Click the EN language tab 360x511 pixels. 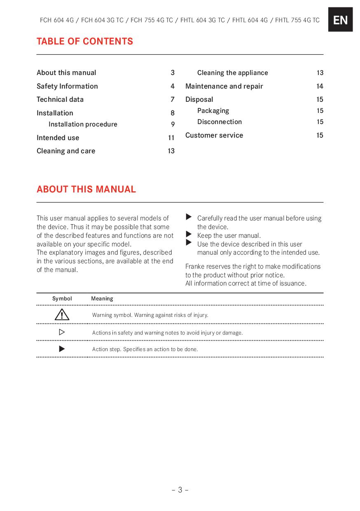point(340,19)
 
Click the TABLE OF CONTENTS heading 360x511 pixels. point(85,41)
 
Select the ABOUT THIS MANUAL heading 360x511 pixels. point(86,189)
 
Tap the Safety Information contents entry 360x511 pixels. point(67,86)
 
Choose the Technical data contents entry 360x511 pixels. point(60,99)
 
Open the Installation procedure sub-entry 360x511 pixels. point(83,124)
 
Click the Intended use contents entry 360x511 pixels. point(58,138)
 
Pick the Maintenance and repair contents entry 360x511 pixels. point(224,86)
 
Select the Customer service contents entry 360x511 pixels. point(214,135)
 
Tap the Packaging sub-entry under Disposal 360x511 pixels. point(213,110)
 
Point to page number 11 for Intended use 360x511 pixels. point(171,138)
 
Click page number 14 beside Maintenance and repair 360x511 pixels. point(320,86)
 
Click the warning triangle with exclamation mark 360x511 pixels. point(62,315)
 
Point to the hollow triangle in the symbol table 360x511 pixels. point(62,332)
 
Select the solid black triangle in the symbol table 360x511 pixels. point(62,349)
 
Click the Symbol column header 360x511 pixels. point(62,298)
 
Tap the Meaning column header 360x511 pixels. point(102,298)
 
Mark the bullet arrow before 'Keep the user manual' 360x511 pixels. point(189,235)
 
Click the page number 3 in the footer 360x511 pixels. point(180,490)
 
